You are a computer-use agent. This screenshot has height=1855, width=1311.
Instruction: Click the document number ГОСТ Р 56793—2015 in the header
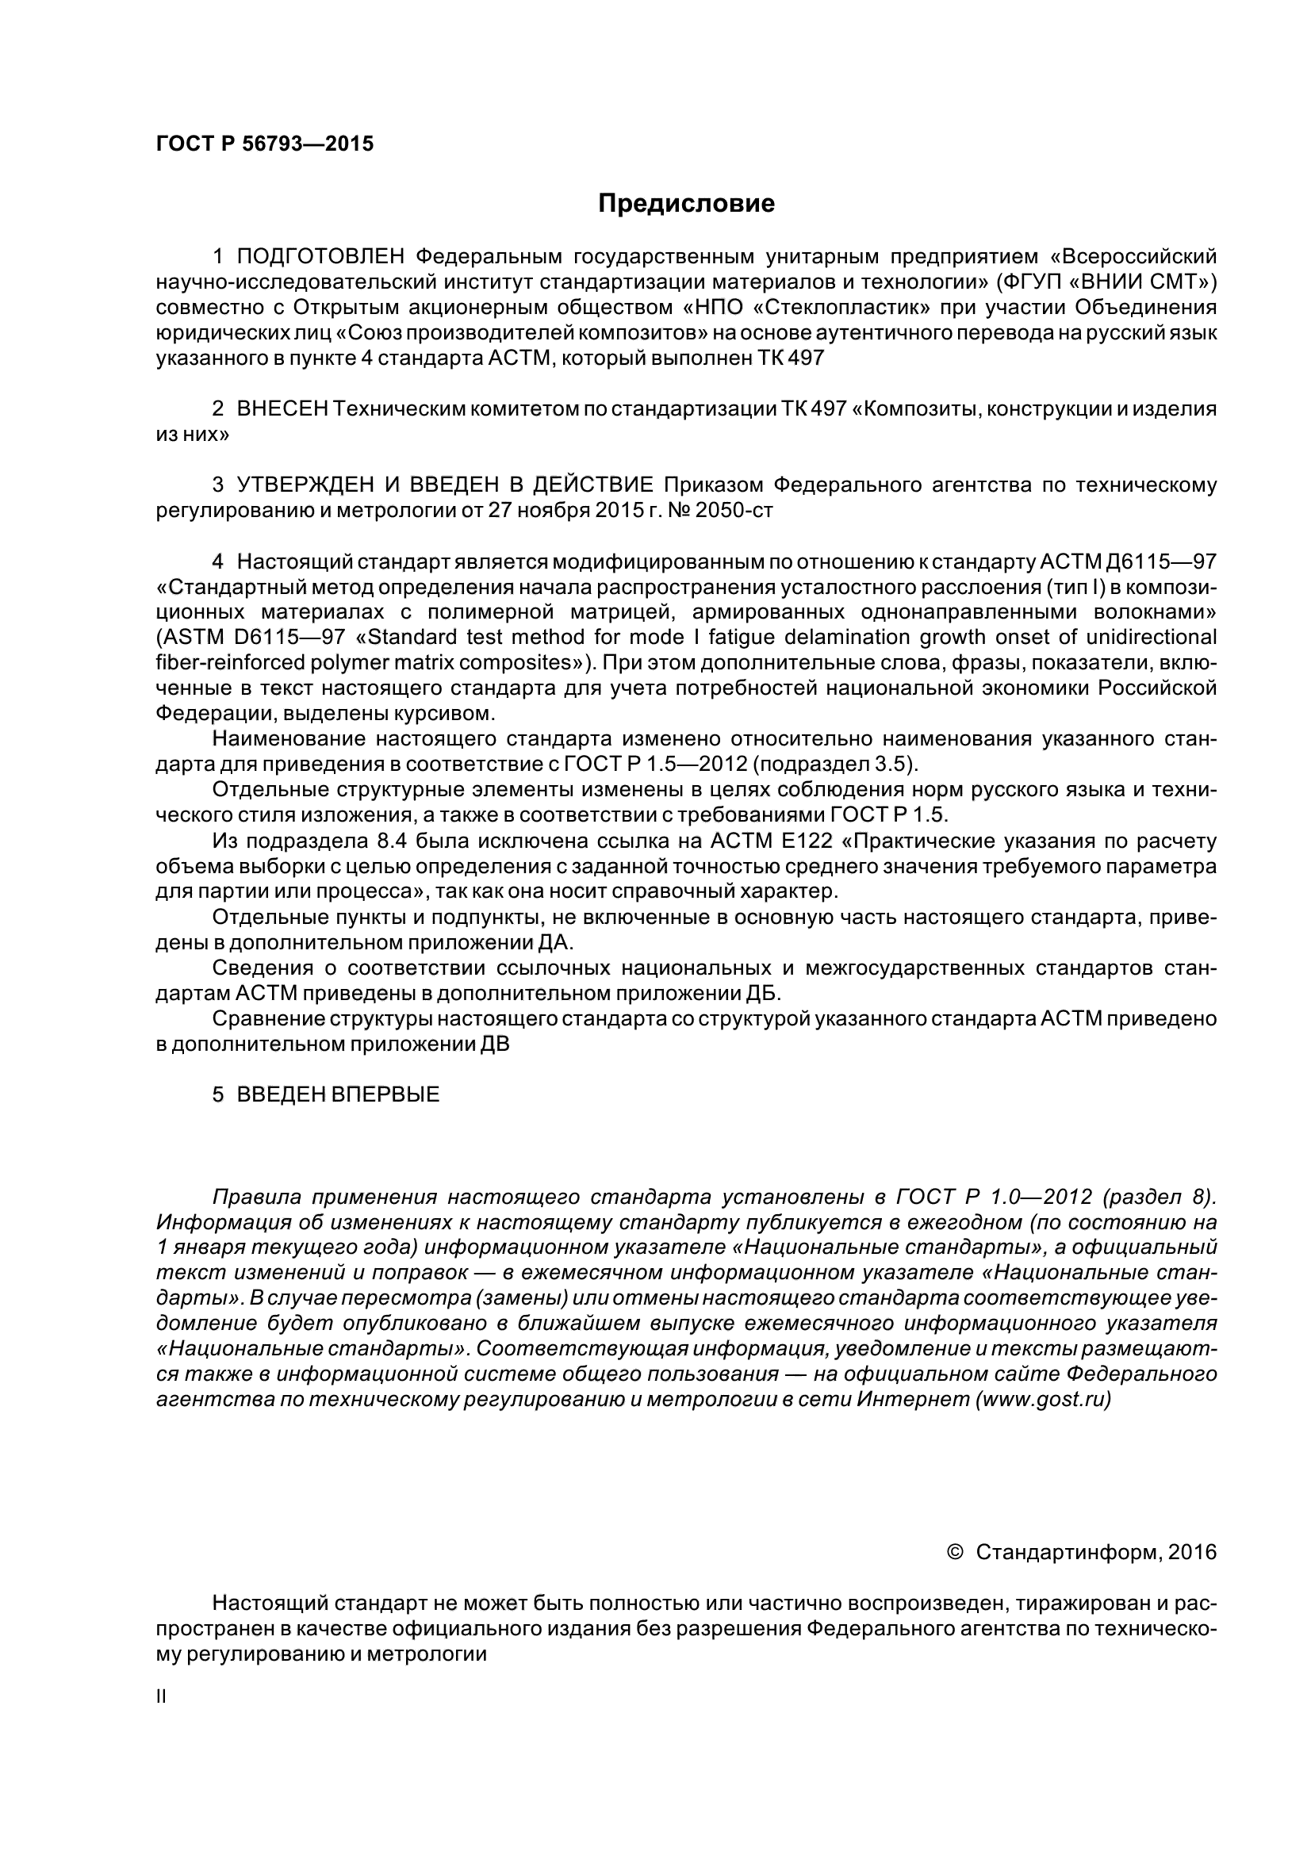(264, 144)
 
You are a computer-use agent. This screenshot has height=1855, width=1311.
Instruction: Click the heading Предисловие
(686, 204)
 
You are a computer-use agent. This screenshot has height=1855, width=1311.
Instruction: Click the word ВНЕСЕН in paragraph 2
(282, 408)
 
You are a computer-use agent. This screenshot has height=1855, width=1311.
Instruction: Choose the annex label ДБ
(761, 993)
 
